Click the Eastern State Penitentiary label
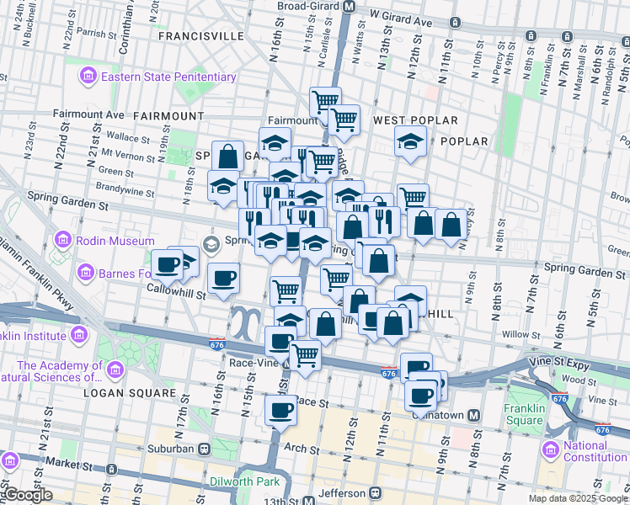168,77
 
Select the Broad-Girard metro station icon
349,6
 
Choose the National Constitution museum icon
553,446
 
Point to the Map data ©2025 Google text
578,498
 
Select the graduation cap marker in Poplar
410,140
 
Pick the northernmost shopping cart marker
325,103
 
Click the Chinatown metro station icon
474,415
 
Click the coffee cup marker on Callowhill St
223,277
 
